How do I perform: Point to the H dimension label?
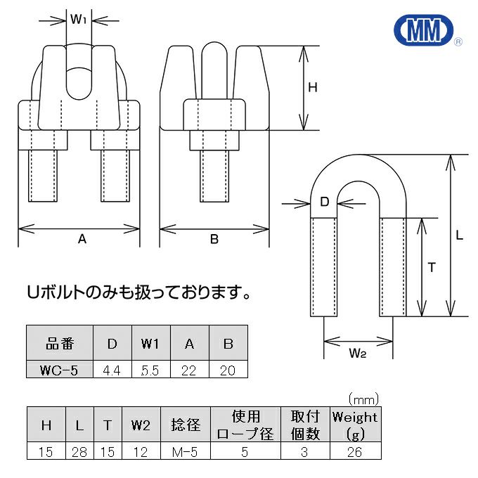(313, 88)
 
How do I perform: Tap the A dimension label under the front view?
(82, 239)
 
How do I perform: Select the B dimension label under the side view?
(214, 239)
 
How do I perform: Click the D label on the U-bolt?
(324, 202)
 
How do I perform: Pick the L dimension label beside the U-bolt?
(459, 236)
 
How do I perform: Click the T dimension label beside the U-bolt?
(432, 267)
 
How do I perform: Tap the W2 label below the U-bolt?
(357, 354)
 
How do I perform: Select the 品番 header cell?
(59, 344)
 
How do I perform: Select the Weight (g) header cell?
(355, 425)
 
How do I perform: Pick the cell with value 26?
(355, 452)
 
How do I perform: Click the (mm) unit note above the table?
(363, 399)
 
